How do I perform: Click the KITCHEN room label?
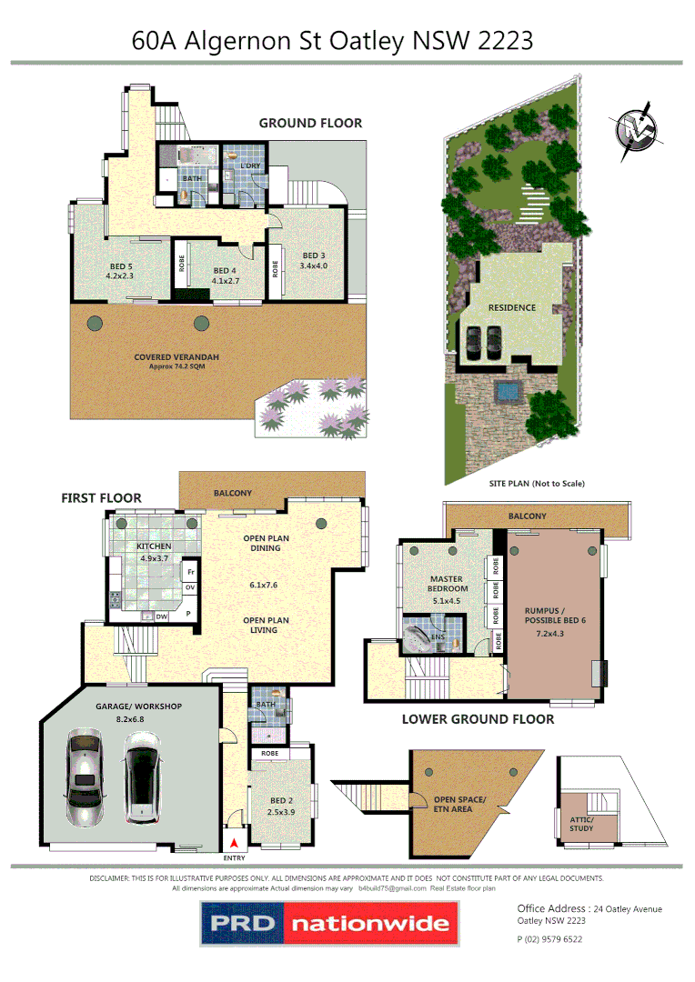click(154, 546)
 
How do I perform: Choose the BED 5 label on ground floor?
click(119, 266)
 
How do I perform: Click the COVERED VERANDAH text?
click(176, 357)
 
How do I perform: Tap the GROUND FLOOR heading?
click(310, 124)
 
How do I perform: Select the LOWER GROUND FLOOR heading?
click(478, 719)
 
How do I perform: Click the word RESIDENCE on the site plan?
click(511, 307)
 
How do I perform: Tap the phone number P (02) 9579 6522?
click(549, 939)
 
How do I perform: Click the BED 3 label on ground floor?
click(314, 256)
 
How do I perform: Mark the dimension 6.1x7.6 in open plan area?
click(266, 586)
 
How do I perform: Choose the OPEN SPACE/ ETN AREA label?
click(459, 804)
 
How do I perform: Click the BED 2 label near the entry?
click(281, 800)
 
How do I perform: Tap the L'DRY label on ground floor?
click(251, 165)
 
